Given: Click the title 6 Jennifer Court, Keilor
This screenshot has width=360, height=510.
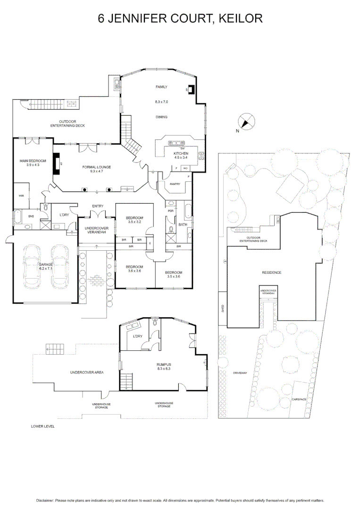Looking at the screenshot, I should pyautogui.click(x=180, y=18).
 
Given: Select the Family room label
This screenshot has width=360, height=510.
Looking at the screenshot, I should pyautogui.click(x=161, y=87).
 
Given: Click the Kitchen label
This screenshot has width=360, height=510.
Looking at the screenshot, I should pyautogui.click(x=181, y=153).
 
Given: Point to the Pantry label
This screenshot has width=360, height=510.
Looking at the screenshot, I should pyautogui.click(x=176, y=184).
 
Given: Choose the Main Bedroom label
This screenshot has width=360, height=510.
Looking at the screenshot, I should pyautogui.click(x=30, y=161).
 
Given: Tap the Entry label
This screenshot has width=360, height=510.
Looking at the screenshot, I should pyautogui.click(x=98, y=206).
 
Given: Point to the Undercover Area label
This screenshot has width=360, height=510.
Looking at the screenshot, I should pyautogui.click(x=86, y=372).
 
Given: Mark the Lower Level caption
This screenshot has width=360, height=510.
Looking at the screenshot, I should pyautogui.click(x=43, y=426).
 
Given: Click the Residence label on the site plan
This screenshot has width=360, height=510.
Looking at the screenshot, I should pyautogui.click(x=271, y=272).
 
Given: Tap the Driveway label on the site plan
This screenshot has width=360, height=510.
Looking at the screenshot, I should pyautogui.click(x=240, y=373).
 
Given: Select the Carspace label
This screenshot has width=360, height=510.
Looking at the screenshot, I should pyautogui.click(x=299, y=399).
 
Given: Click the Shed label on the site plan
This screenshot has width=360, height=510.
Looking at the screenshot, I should pyautogui.click(x=223, y=309).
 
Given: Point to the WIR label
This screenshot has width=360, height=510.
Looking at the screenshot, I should pyautogui.click(x=21, y=195).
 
